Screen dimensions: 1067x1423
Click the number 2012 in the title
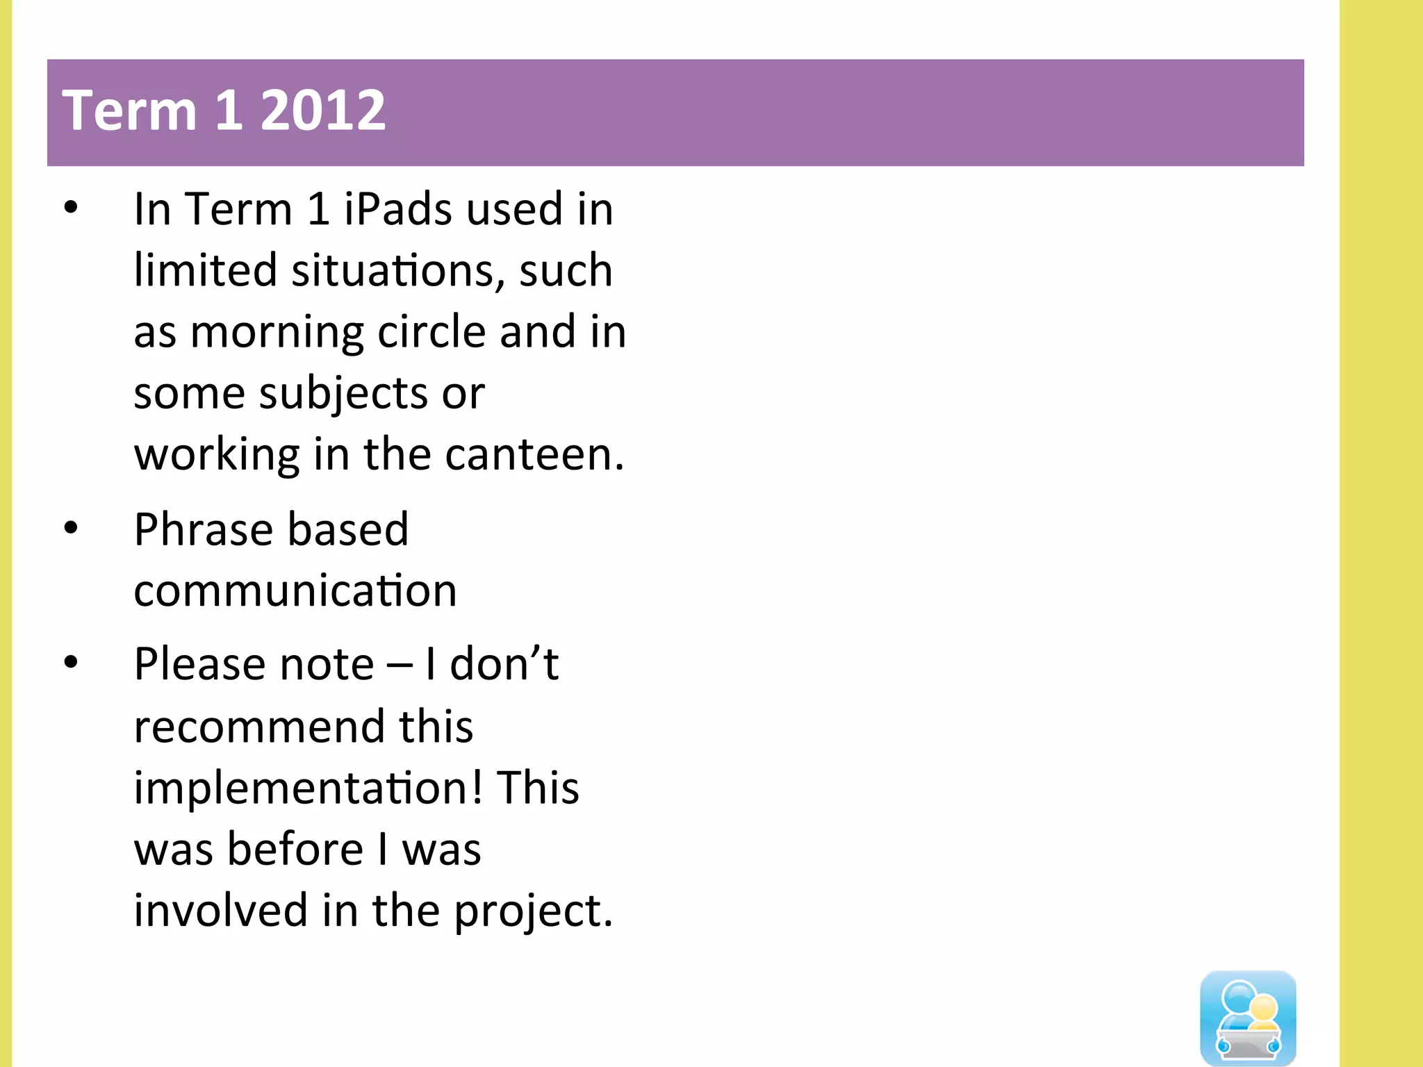pyautogui.click(x=322, y=111)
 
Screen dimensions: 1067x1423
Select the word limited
pyautogui.click(x=205, y=270)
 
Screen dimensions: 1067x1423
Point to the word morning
pyautogui.click(x=277, y=332)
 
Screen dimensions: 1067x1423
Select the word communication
pyautogui.click(x=295, y=591)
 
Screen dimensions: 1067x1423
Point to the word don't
pyautogui.click(x=504, y=664)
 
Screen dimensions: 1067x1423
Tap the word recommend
pyautogui.click(x=258, y=727)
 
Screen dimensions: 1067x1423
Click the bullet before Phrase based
pyautogui.click(x=71, y=529)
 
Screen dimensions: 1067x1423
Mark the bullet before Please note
pyautogui.click(x=71, y=663)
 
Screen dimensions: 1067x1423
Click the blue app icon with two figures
pyautogui.click(x=1248, y=1018)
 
